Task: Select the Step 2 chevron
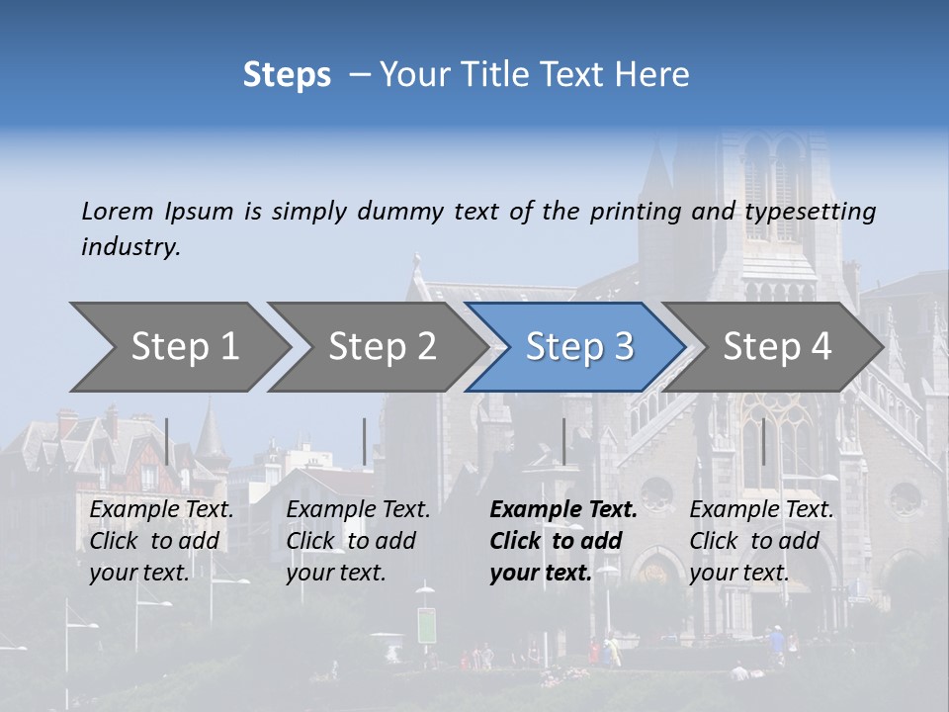382,346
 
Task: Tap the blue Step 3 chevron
579,346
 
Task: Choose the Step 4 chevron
777,346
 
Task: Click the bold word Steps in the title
287,74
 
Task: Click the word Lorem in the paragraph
118,211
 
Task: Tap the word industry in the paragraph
130,246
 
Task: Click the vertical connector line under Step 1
167,441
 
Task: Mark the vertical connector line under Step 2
365,441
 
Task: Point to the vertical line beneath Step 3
563,441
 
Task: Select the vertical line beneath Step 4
762,441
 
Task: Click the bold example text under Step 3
562,541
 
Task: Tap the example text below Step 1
161,541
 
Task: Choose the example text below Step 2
358,541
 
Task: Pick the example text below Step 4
761,541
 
